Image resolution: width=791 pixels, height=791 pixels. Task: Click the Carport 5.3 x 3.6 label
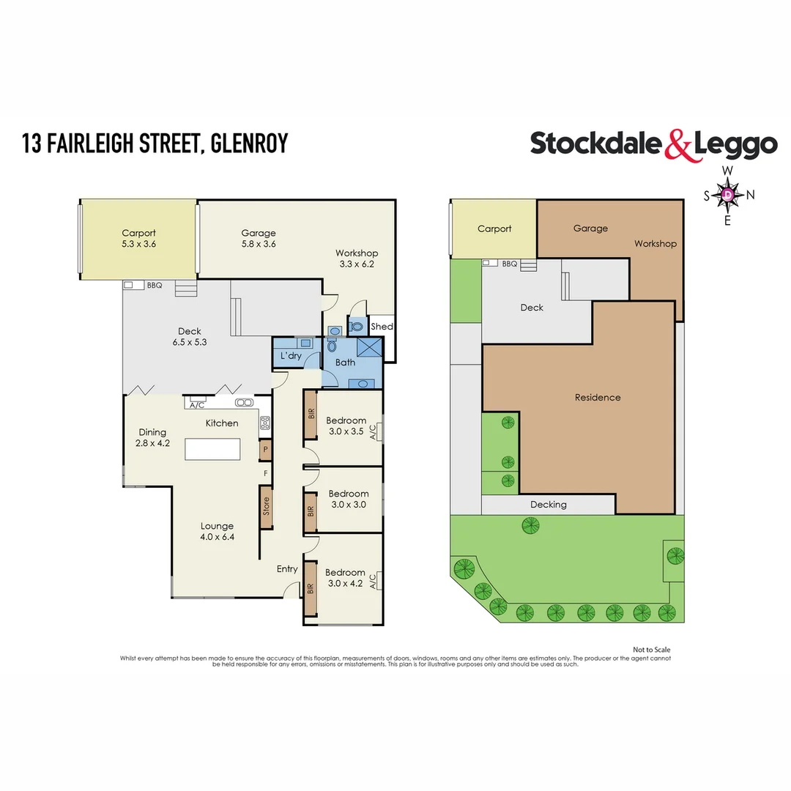point(138,239)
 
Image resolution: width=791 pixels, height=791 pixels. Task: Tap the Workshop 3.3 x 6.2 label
point(356,259)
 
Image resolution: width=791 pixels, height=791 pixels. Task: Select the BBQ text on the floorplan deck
point(154,286)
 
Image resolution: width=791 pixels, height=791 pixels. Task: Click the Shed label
point(382,327)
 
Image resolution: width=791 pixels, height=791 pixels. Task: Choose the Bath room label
point(345,363)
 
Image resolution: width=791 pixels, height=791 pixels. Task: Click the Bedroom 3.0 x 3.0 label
point(348,499)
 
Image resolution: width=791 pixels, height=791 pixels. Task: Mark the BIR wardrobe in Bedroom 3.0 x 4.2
point(311,587)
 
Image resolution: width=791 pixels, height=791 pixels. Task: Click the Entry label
point(287,569)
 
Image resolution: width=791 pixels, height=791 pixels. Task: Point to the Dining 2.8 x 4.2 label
point(152,437)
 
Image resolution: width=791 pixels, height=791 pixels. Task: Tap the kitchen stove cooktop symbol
point(265,423)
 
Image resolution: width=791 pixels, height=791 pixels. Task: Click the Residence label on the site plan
point(597,397)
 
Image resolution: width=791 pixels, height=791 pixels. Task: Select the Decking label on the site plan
point(548,505)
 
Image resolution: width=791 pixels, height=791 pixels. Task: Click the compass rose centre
point(728,195)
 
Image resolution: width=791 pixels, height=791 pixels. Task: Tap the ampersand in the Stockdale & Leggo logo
point(678,145)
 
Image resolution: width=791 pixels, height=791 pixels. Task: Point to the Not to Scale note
point(651,650)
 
